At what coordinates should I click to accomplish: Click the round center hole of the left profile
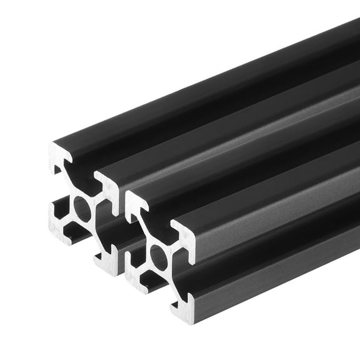pyautogui.click(x=82, y=207)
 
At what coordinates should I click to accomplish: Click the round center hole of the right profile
pyautogui.click(x=158, y=256)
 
